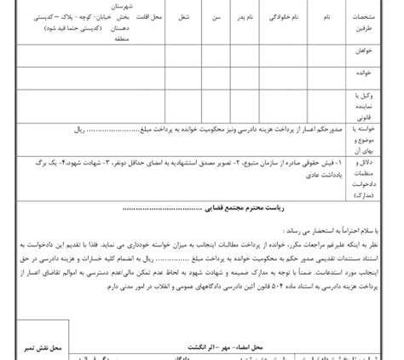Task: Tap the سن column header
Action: pos(216,16)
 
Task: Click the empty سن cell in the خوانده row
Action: pos(216,75)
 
